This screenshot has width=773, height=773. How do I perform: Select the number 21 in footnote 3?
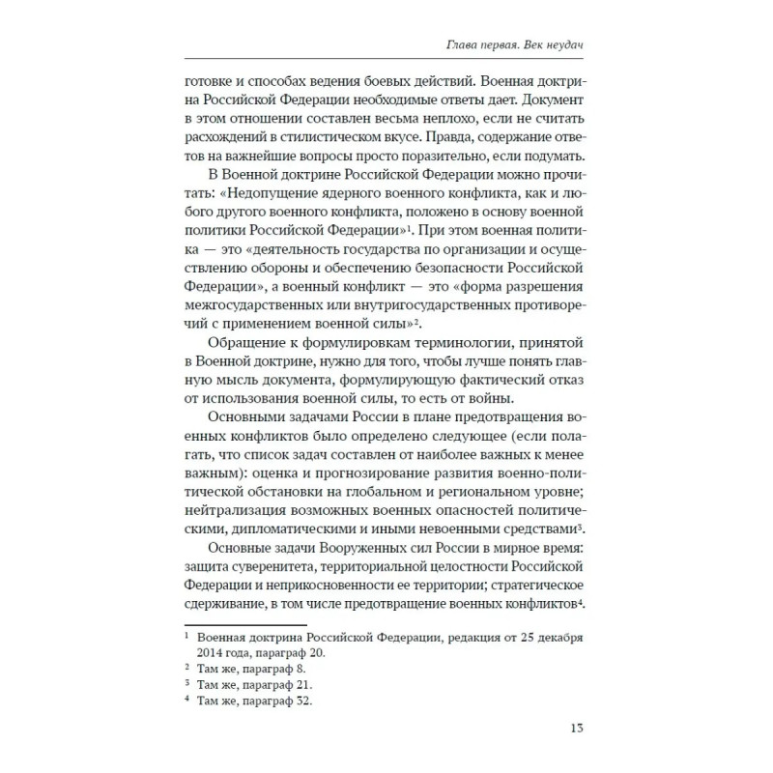326,684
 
